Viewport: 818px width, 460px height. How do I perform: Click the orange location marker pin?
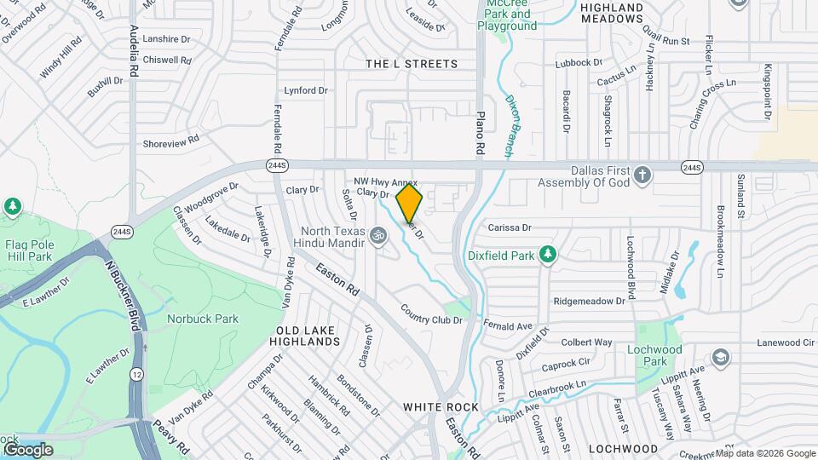(x=410, y=203)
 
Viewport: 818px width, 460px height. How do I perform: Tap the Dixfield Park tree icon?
(x=550, y=254)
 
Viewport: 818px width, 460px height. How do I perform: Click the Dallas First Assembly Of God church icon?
(x=643, y=175)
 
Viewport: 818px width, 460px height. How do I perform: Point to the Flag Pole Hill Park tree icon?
(x=13, y=206)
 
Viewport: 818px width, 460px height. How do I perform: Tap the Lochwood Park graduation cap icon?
(x=721, y=357)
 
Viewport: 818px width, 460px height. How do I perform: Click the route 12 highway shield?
(x=136, y=374)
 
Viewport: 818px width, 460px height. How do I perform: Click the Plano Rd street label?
(x=480, y=132)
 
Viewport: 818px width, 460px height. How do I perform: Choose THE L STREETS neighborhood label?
(x=411, y=64)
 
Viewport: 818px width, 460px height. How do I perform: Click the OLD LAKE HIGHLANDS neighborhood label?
(x=304, y=335)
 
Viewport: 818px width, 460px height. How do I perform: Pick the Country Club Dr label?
(x=430, y=314)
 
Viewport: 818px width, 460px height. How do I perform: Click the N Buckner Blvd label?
(x=122, y=290)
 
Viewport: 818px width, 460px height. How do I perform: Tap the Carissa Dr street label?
(x=510, y=227)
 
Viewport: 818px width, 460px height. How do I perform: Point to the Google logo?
(x=28, y=449)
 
